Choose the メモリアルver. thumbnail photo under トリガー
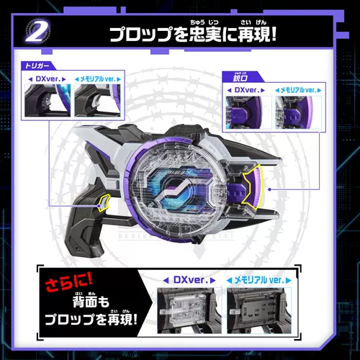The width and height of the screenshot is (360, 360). click(94, 102)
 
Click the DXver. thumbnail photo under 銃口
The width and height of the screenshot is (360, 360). click(248, 113)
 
